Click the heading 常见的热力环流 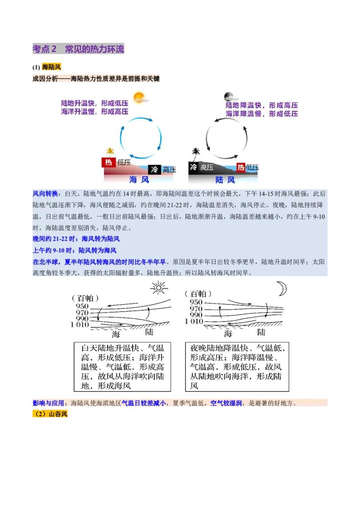coord(94,49)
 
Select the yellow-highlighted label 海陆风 coord(51,67)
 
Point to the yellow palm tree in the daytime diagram coord(110,152)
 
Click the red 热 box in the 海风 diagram coord(108,162)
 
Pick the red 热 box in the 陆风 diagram coord(241,167)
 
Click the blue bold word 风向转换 coord(45,194)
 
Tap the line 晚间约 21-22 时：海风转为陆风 coord(76,239)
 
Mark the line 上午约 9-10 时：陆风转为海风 coord(75,250)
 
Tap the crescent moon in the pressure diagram coord(282,289)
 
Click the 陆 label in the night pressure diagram coord(261,333)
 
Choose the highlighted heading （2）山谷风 coord(50,414)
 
